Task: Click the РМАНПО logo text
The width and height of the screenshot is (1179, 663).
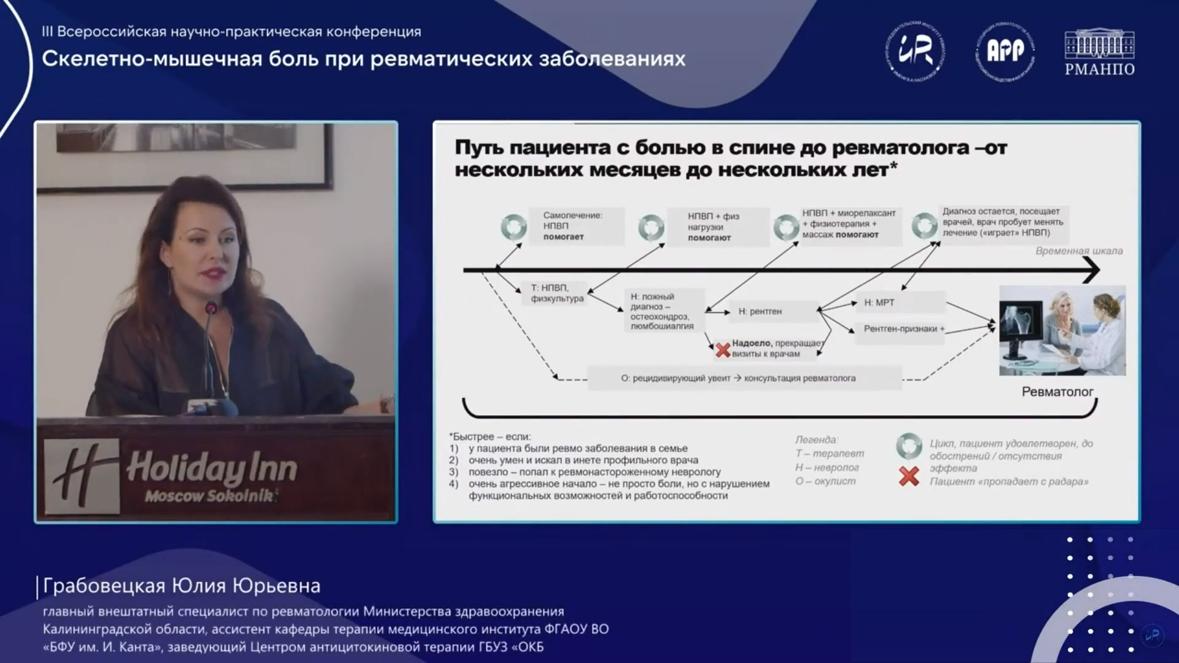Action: pyautogui.click(x=1099, y=69)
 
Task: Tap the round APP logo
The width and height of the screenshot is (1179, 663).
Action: pyautogui.click(x=1005, y=50)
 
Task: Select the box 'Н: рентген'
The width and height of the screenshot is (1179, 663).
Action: pyautogui.click(x=760, y=311)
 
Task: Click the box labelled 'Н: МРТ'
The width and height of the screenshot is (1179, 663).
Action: pyautogui.click(x=879, y=303)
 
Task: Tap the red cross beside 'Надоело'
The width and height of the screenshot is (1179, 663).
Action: pyautogui.click(x=723, y=351)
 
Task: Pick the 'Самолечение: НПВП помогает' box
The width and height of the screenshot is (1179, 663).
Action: pyautogui.click(x=572, y=226)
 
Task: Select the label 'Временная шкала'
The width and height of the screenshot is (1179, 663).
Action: pyautogui.click(x=1079, y=250)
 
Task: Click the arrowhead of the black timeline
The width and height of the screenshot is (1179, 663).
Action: pyautogui.click(x=1092, y=269)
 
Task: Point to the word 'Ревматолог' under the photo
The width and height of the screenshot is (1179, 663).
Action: pyautogui.click(x=1057, y=392)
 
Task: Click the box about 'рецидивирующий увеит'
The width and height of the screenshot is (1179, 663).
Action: pyautogui.click(x=738, y=378)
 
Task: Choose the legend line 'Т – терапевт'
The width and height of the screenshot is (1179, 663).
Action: pyautogui.click(x=830, y=453)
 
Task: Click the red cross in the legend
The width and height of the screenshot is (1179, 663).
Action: pyautogui.click(x=909, y=476)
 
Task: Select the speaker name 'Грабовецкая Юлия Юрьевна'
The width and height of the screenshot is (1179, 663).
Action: pyautogui.click(x=182, y=586)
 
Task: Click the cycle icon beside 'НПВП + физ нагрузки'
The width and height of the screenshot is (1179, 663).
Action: pyautogui.click(x=651, y=227)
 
